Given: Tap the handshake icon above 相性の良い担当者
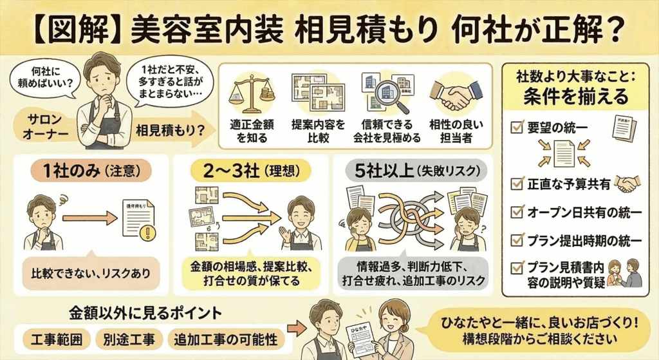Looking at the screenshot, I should (456, 96).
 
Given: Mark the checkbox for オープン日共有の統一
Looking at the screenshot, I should (516, 212).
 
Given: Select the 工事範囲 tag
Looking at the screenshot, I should (56, 339).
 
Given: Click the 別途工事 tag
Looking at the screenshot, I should (127, 339).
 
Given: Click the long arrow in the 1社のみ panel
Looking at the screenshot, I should (91, 219).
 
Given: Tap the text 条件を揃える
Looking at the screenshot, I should (575, 97).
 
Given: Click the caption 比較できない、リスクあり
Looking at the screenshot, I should (89, 272).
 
